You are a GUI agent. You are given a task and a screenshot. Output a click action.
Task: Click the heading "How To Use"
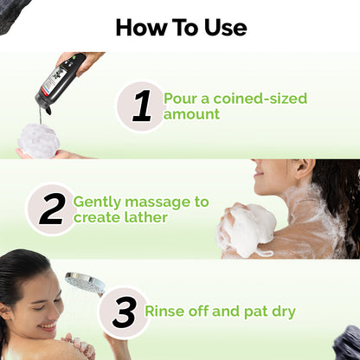pos(180,27)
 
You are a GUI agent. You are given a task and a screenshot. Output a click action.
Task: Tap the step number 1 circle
pos(141,106)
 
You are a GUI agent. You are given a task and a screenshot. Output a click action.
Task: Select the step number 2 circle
pos(51,209)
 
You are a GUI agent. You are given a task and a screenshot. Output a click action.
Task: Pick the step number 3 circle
pos(124,312)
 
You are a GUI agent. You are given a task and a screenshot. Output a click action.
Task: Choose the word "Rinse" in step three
pos(164,312)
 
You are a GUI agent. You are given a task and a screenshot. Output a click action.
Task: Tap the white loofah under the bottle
pos(39,140)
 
